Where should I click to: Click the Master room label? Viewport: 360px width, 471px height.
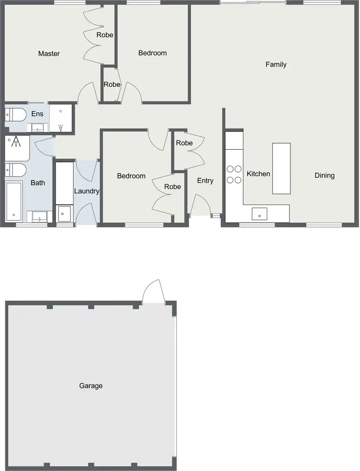click(49, 54)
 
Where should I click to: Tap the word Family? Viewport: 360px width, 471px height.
click(276, 64)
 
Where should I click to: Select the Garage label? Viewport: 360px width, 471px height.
click(91, 386)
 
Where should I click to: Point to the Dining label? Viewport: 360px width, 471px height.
click(324, 175)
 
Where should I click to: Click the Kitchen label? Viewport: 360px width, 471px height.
click(258, 174)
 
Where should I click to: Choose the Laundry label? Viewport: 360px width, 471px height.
click(86, 191)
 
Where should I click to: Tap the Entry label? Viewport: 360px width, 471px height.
click(205, 181)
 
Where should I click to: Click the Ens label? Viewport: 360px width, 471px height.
click(37, 114)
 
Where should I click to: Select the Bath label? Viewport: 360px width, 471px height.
click(37, 183)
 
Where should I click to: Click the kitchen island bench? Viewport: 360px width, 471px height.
click(281, 168)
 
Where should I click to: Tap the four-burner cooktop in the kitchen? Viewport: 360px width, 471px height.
click(234, 174)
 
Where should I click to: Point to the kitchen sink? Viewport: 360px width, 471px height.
click(260, 213)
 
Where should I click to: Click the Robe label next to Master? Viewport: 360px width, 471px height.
click(105, 35)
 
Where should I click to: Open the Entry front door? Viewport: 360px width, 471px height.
click(200, 205)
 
